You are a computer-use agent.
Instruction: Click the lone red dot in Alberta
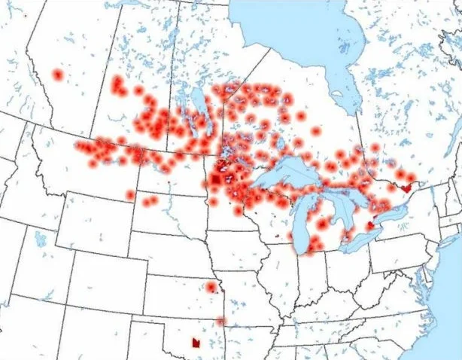point(57,75)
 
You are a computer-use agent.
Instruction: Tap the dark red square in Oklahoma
point(196,343)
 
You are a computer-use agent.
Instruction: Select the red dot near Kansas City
point(211,287)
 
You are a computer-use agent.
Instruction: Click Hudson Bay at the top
point(293,30)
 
